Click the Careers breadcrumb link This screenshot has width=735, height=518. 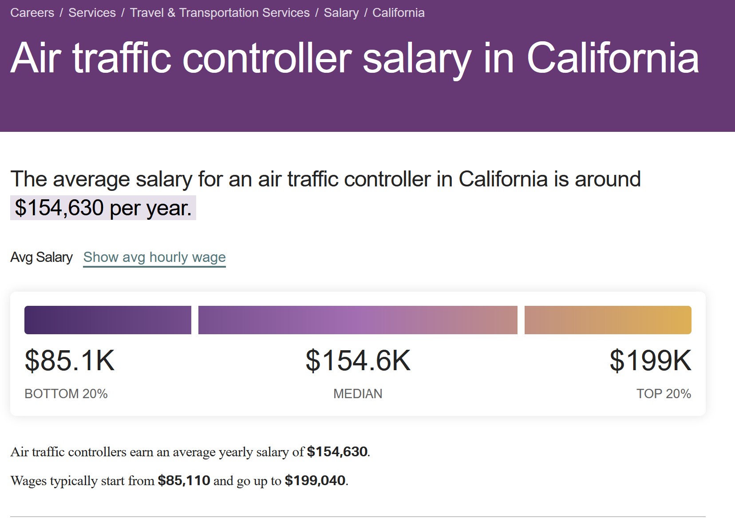32,12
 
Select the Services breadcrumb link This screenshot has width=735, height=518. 92,12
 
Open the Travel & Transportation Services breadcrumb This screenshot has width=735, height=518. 220,12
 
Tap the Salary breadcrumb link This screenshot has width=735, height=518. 341,12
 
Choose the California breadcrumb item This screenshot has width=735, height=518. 398,12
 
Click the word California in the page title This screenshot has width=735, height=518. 612,58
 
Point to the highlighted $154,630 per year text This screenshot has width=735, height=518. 103,208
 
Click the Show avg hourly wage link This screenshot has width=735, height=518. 154,257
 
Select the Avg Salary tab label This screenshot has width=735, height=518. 41,257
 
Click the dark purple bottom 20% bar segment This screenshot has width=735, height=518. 107,320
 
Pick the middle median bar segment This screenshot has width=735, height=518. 358,320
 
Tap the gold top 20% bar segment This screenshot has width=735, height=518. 608,320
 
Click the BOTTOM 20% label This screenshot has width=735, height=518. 66,394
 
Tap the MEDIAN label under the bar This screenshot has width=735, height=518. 358,394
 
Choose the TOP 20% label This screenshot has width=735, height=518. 664,394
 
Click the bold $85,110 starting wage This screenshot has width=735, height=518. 184,480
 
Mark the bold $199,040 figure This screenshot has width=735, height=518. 315,480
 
